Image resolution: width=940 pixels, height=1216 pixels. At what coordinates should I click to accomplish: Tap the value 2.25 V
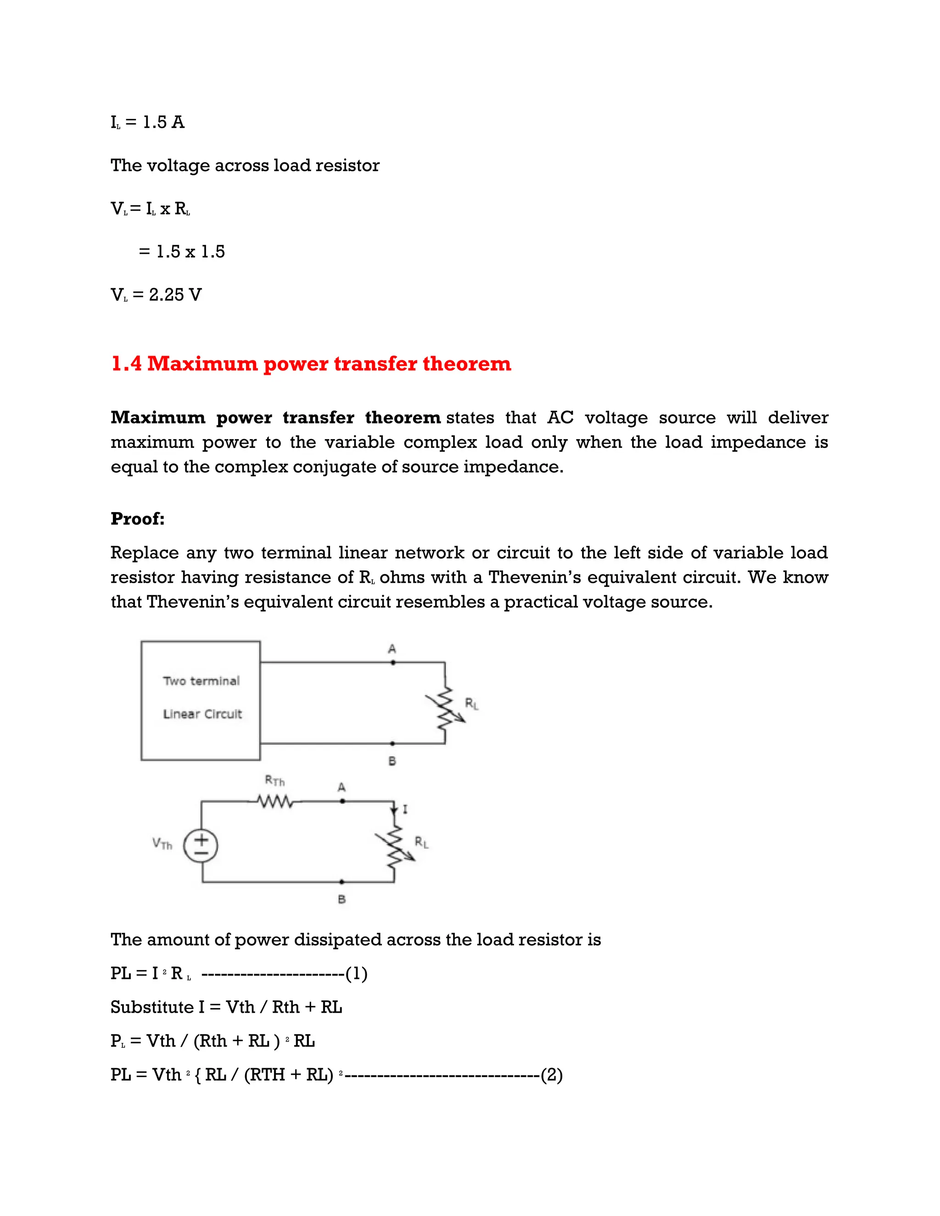[x=175, y=295]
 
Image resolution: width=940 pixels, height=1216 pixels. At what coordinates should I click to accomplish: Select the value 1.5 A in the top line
[x=163, y=122]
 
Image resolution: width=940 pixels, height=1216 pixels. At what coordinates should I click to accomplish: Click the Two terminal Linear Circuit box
[x=201, y=700]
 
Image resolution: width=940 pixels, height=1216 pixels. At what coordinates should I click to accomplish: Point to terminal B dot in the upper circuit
[x=392, y=743]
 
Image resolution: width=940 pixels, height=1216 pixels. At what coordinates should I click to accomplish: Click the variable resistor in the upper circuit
[x=445, y=708]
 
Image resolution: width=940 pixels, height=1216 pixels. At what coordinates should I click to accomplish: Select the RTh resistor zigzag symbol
[x=276, y=802]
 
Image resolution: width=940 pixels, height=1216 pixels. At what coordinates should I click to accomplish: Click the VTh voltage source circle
[x=201, y=846]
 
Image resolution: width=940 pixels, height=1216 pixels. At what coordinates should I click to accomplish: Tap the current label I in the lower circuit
[x=405, y=809]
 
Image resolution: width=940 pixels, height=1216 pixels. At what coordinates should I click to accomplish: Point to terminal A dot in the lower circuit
[x=342, y=801]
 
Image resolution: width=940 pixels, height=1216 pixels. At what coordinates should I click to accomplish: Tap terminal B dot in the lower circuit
[x=342, y=882]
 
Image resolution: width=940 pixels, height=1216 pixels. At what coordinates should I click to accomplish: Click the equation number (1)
[x=356, y=973]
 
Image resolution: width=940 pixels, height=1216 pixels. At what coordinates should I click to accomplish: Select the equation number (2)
[x=551, y=1075]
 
